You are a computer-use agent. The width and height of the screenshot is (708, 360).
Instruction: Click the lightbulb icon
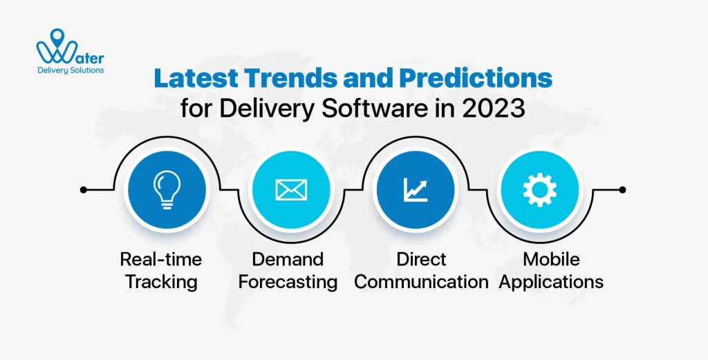[165, 189]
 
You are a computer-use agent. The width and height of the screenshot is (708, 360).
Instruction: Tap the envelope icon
[290, 189]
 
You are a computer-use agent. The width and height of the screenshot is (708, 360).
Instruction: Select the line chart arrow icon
[414, 189]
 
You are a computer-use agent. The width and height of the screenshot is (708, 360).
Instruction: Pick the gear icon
[539, 189]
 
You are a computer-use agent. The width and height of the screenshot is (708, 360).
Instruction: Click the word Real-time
[161, 259]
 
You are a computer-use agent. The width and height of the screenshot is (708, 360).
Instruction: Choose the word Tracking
[161, 282]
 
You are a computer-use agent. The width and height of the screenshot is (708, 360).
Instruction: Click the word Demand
[288, 259]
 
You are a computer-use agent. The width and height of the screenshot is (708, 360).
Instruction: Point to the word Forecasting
[288, 282]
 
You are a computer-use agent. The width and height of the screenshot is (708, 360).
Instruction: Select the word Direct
[421, 259]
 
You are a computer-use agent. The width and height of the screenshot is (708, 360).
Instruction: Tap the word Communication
[421, 282]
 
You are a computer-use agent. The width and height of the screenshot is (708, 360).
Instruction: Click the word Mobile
[551, 259]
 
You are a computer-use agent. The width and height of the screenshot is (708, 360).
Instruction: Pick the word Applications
[551, 282]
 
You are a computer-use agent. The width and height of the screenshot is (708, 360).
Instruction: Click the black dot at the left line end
[84, 189]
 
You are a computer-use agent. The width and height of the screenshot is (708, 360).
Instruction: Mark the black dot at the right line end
[622, 189]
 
